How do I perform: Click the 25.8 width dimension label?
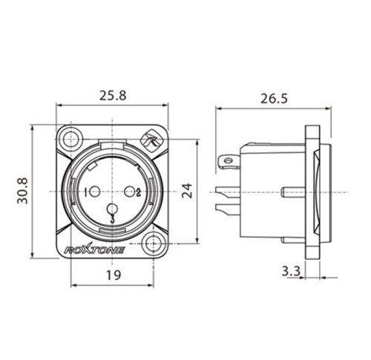(113, 96)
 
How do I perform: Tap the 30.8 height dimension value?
(22, 191)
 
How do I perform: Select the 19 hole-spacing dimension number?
(114, 275)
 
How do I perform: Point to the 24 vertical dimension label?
(187, 191)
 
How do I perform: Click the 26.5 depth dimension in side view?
(275, 99)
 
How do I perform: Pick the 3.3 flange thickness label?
(291, 271)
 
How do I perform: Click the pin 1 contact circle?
(94, 192)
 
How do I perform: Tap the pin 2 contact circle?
(129, 192)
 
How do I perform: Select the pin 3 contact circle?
(112, 209)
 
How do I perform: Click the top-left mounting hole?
(71, 140)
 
